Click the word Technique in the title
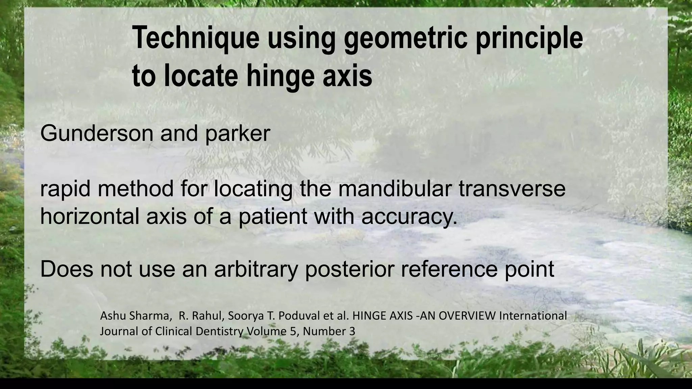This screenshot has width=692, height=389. tap(195, 38)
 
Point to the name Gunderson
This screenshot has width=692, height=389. tap(97, 133)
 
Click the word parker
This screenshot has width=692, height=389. tap(237, 133)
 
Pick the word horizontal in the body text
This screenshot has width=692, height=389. tap(90, 216)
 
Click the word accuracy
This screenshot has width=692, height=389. tap(409, 216)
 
